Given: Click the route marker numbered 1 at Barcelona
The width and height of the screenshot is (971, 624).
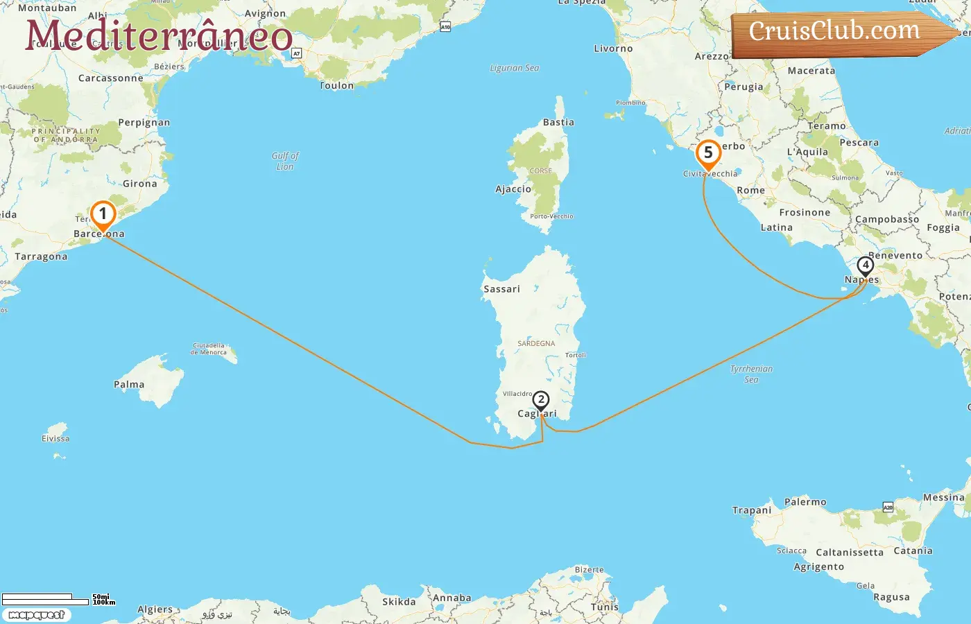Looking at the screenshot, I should click(x=103, y=214).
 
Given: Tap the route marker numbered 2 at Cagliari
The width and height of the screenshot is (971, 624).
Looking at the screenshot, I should click(x=540, y=400).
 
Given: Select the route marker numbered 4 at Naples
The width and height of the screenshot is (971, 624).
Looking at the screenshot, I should click(x=865, y=266).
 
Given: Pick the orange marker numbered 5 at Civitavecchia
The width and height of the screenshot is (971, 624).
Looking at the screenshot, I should click(x=708, y=153).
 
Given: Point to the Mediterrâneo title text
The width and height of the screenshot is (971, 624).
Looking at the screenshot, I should click(x=159, y=35).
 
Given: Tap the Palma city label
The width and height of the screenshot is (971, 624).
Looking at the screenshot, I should click(x=129, y=384).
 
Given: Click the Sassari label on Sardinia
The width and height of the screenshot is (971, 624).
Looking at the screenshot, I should click(x=501, y=289).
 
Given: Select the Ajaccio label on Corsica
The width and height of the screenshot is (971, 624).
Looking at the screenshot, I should click(x=513, y=189).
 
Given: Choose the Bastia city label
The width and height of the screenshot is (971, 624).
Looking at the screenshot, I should click(x=558, y=122).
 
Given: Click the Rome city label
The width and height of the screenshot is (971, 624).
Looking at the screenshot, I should click(x=750, y=190).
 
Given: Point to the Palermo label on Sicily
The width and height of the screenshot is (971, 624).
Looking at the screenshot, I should click(x=805, y=501).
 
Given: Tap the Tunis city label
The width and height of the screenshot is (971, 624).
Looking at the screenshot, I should click(x=604, y=607).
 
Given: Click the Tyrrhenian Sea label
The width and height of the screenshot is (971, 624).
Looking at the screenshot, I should click(x=751, y=374).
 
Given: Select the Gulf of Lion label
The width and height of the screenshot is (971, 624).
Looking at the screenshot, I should click(x=285, y=161).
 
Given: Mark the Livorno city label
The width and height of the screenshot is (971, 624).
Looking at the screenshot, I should click(x=613, y=49).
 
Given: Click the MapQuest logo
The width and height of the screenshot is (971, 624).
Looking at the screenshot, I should click(x=37, y=614).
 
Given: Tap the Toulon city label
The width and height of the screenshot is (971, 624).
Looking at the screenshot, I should click(x=337, y=85).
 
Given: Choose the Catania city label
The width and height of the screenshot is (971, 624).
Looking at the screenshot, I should click(x=913, y=551).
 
